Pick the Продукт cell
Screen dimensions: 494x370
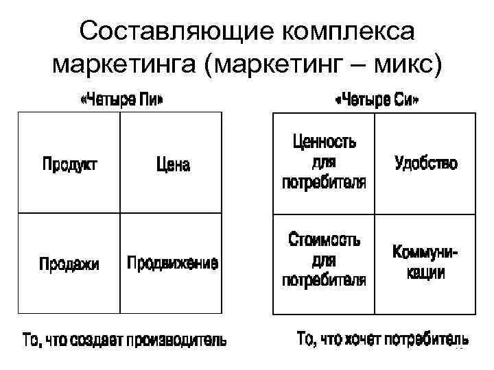point(69,164)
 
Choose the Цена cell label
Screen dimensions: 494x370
point(173,164)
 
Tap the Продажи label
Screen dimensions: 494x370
point(69,264)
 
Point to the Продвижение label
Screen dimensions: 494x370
point(173,263)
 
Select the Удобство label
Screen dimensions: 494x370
point(425,163)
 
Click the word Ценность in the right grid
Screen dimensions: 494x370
point(325,143)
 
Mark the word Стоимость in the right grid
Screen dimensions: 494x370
point(325,241)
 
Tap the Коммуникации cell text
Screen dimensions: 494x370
point(425,262)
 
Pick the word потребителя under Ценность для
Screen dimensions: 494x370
point(325,184)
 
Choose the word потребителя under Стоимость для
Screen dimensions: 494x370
point(325,281)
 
